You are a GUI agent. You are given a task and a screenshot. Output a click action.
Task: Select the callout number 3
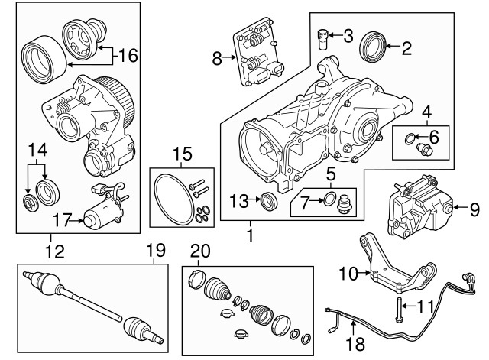click(348, 34)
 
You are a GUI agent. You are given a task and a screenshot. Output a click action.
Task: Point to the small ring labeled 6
click(412, 140)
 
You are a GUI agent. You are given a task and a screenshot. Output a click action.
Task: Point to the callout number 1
click(250, 229)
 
